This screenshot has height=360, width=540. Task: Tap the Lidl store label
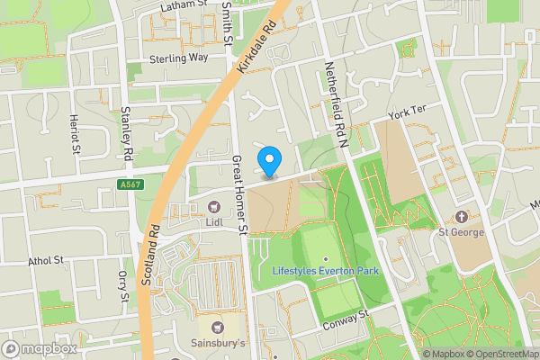[213, 221]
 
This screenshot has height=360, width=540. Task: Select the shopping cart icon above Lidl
[213, 207]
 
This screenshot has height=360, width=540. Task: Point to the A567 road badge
[130, 184]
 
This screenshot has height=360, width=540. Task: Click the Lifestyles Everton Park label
[325, 270]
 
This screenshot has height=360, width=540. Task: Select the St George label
[461, 231]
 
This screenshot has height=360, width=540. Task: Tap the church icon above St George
[461, 217]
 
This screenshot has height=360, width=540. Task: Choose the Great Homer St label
[240, 193]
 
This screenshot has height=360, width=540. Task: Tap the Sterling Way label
[179, 57]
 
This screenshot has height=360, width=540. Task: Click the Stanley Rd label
[127, 134]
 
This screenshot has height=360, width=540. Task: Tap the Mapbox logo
[40, 348]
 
